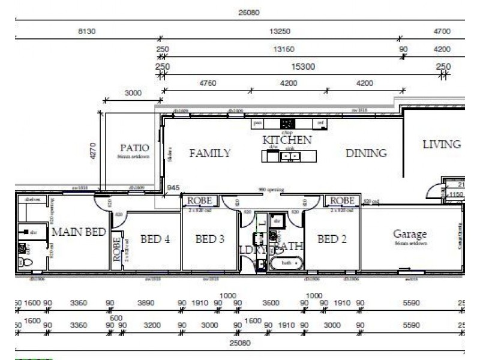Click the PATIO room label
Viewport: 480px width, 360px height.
tap(134, 148)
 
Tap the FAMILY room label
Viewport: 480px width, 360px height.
tap(209, 154)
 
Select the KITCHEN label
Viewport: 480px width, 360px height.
tap(287, 140)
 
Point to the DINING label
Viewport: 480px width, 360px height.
tap(366, 154)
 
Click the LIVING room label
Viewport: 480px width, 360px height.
tap(441, 145)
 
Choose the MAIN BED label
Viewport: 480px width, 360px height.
tap(79, 232)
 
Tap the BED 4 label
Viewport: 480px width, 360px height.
tap(155, 239)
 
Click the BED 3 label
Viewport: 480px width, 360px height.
tap(210, 239)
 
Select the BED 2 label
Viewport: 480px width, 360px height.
tap(332, 239)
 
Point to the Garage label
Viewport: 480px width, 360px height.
tap(410, 233)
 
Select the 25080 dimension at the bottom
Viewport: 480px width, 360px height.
tap(239, 343)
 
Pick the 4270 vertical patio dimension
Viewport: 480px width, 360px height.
tap(94, 149)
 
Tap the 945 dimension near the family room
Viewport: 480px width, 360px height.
tap(173, 188)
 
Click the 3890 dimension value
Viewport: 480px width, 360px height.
tap(146, 304)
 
